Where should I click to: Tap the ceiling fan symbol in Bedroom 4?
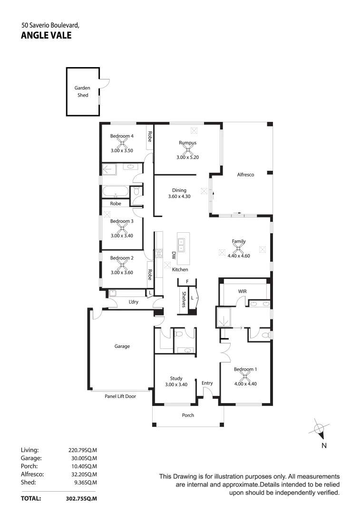122,143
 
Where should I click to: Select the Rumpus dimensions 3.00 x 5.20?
188,157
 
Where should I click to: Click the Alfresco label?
245,175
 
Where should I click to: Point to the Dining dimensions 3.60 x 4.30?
179,196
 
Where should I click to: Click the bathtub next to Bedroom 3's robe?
115,193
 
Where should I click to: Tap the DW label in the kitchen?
174,255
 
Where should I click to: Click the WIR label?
245,291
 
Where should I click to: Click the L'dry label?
134,302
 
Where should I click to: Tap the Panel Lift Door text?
120,395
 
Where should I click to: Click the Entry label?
207,383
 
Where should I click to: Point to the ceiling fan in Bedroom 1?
245,376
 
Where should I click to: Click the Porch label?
188,415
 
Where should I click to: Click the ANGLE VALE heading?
46,34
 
